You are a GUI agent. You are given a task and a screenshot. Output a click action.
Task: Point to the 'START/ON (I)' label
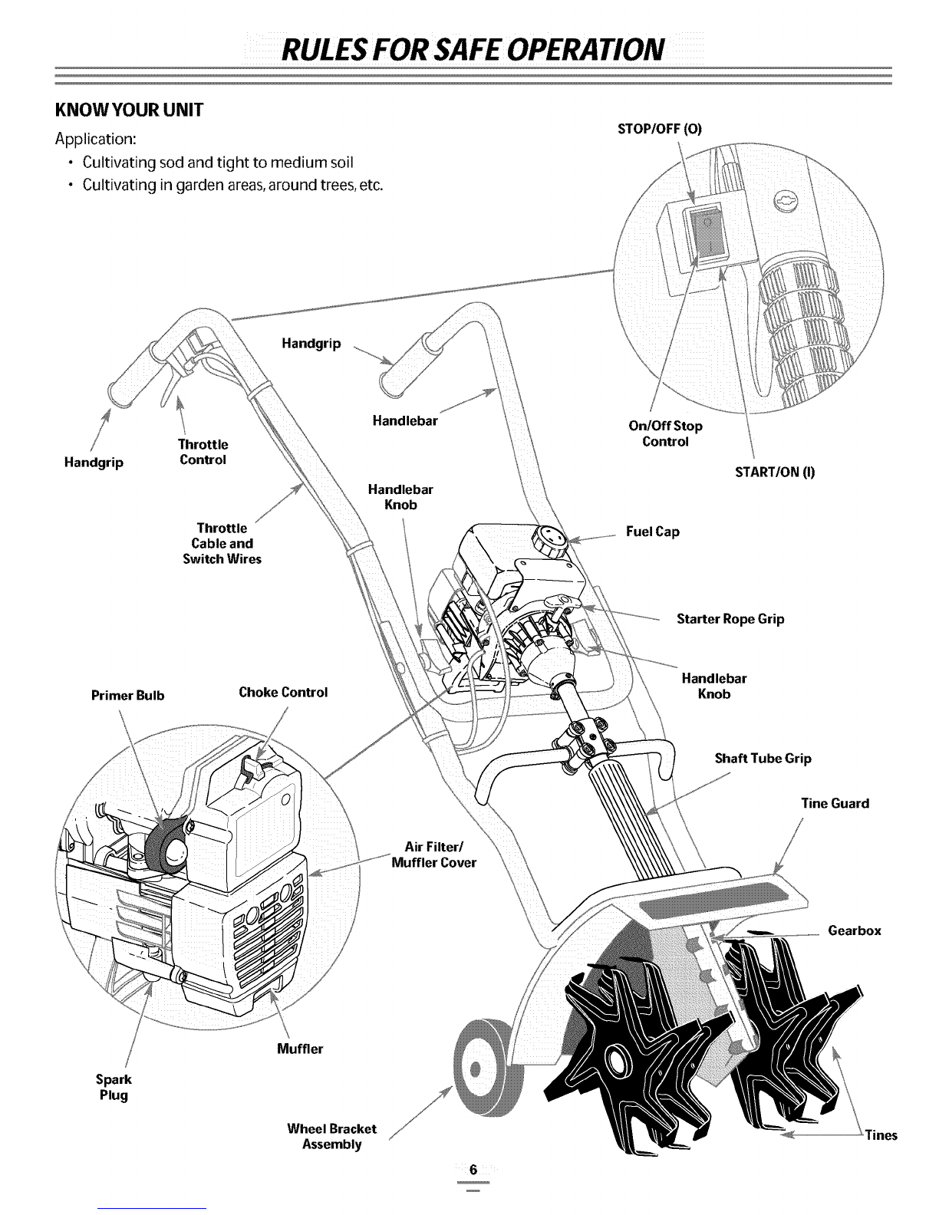pyautogui.click(x=775, y=472)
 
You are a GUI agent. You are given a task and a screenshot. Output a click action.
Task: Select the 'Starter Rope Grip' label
pyautogui.click(x=730, y=618)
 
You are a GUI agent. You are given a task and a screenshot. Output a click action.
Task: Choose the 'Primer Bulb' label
pyautogui.click(x=127, y=696)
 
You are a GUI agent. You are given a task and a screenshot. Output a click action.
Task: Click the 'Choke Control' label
pyautogui.click(x=283, y=691)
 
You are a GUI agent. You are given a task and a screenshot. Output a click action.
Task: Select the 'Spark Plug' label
pyautogui.click(x=114, y=1086)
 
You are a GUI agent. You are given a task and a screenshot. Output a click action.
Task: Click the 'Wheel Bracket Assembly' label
pyautogui.click(x=331, y=1137)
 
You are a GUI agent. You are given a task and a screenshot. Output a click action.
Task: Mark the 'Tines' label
pyautogui.click(x=881, y=1135)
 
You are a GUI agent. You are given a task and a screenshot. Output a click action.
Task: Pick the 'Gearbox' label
pyautogui.click(x=855, y=930)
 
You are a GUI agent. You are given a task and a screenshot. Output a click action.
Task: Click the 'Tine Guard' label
pyautogui.click(x=835, y=803)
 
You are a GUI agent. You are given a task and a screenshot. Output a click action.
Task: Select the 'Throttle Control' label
pyautogui.click(x=203, y=452)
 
